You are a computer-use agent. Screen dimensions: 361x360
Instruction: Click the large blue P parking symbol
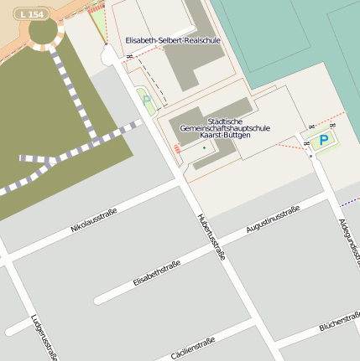pos(323,140)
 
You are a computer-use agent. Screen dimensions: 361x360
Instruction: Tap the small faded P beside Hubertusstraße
pos(147,100)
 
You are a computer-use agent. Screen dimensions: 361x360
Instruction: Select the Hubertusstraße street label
pos(211,236)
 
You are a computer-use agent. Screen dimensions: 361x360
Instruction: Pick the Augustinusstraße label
pos(273,218)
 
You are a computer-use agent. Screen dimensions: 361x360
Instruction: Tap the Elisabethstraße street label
pos(157,274)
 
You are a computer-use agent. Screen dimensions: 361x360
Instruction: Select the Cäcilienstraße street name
pos(185,348)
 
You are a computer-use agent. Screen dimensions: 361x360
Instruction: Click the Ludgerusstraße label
pos(44,337)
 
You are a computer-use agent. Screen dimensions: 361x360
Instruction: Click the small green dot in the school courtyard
pos(203,147)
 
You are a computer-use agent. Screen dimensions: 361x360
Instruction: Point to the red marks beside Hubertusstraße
pos(176,148)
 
